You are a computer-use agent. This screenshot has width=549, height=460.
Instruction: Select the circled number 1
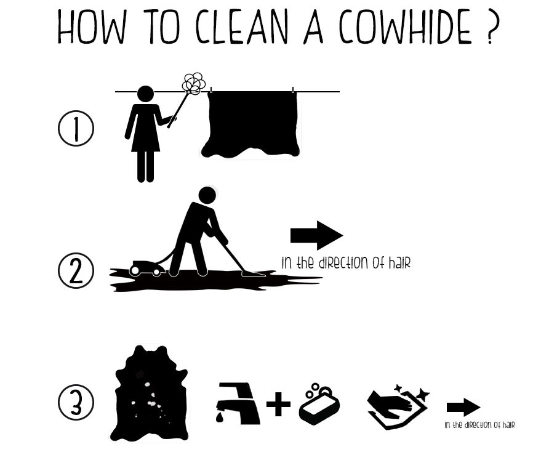click(76, 131)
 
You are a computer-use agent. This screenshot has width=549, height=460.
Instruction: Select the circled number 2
click(76, 272)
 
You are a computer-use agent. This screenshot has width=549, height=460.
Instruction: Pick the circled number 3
click(76, 403)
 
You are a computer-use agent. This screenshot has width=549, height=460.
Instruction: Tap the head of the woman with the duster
click(145, 94)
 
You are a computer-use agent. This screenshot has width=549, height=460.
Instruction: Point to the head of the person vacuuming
click(207, 196)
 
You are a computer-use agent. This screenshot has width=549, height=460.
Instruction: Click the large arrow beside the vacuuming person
click(316, 235)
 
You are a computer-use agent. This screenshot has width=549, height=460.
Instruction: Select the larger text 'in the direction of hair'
click(345, 263)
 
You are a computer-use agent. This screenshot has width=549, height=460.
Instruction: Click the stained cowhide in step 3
click(151, 394)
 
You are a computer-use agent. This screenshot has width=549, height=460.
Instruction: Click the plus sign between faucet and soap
click(279, 404)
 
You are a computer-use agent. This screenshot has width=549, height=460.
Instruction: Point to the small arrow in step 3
click(463, 407)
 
